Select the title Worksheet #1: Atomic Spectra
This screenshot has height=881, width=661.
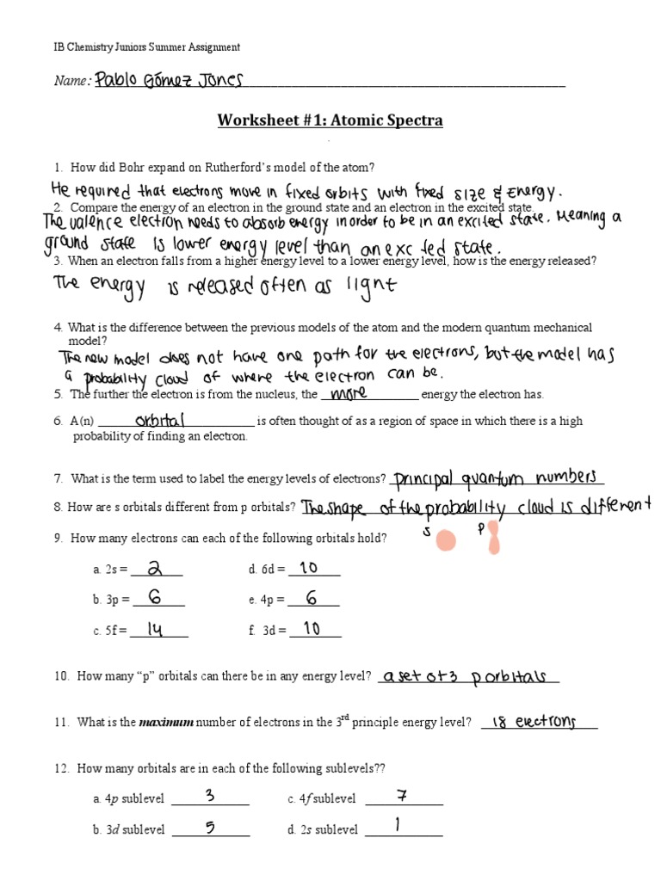tap(330, 120)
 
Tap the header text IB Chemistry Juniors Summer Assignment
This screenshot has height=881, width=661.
tap(147, 47)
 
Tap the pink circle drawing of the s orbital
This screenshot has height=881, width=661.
tap(445, 540)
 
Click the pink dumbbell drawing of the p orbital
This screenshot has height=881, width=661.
tap(494, 540)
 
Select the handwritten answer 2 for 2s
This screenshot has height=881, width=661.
tap(156, 569)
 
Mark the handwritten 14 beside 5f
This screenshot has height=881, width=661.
tap(155, 630)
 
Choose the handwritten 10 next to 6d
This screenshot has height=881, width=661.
tap(310, 568)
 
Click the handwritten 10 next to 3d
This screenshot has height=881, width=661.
tap(311, 629)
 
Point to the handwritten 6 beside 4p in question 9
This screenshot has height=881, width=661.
tap(312, 599)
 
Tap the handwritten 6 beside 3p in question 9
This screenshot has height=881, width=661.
tap(156, 599)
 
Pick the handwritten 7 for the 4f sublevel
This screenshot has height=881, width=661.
tap(401, 796)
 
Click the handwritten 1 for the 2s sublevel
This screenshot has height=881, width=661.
tap(398, 827)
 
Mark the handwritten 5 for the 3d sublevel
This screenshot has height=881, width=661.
tap(209, 828)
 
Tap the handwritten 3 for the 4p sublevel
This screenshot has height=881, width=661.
tap(210, 796)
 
